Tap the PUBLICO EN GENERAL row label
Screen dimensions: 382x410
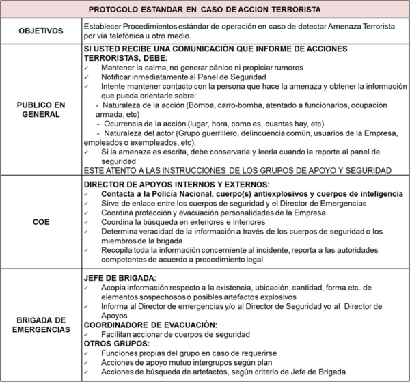click(41, 109)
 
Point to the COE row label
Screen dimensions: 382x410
click(41, 222)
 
